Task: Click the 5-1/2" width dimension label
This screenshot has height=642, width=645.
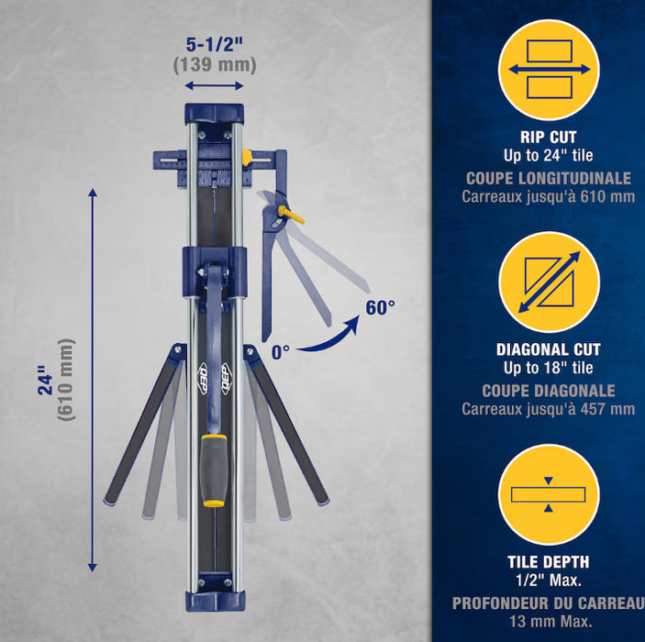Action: point(215,44)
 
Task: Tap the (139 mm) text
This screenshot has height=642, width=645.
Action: point(215,65)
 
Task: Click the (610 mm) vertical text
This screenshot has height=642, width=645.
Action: point(66,380)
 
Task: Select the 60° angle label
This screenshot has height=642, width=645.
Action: point(380,307)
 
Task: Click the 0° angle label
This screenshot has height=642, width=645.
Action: point(281,352)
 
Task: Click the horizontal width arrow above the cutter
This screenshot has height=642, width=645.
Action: point(214,85)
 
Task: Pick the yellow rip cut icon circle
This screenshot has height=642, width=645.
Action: point(549,70)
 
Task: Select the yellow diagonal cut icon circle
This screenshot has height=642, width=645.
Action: point(549,282)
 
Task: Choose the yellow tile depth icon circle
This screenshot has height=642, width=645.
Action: point(549,494)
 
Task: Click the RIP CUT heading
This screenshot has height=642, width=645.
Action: point(549,137)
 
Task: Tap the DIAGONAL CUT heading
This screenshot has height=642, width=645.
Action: point(549,349)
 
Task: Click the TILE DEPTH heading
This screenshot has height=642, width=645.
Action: point(549,562)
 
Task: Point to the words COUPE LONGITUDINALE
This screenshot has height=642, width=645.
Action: point(549,179)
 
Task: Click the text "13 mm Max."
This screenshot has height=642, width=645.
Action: point(550,621)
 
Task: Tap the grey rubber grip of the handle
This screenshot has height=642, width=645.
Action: point(214,471)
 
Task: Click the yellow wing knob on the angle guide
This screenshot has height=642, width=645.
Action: point(291,214)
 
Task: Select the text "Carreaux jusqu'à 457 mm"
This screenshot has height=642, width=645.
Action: point(549,409)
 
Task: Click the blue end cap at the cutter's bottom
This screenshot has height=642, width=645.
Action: point(215,602)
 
